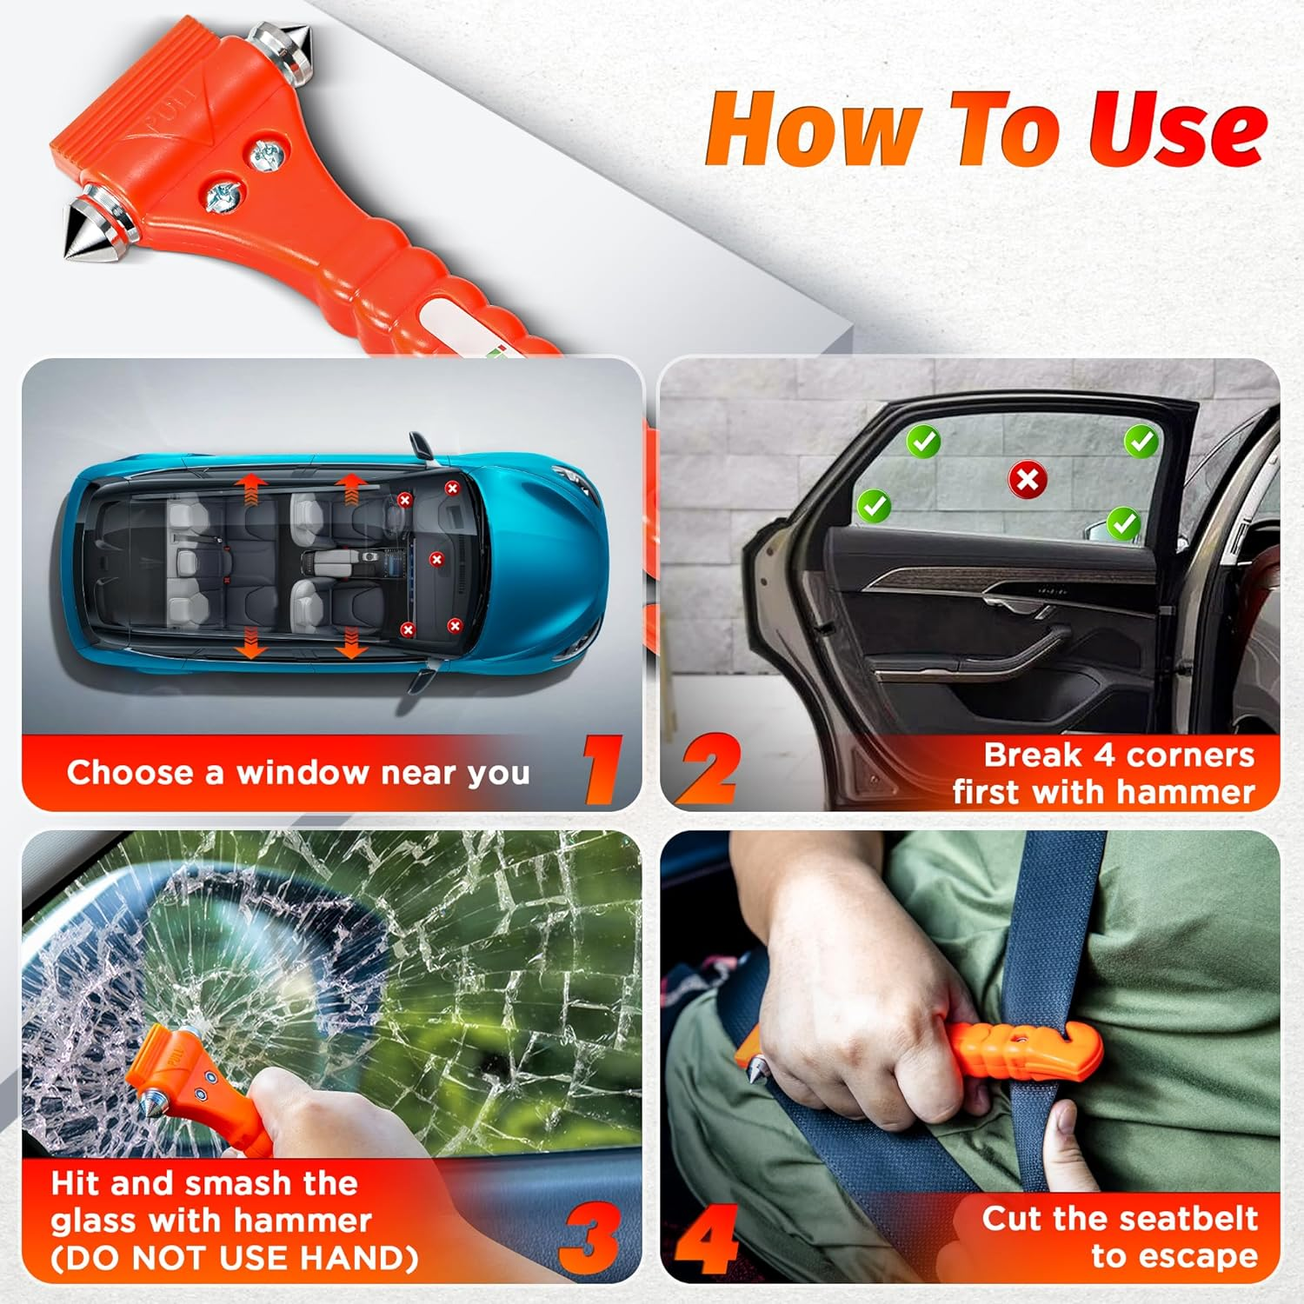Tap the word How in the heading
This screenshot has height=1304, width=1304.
pyautogui.click(x=813, y=130)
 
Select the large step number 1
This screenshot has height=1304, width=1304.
pyautogui.click(x=602, y=769)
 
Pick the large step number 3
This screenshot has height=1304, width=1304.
pyautogui.click(x=589, y=1239)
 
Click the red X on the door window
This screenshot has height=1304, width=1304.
pyautogui.click(x=1027, y=479)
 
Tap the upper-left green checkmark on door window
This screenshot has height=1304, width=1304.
pyautogui.click(x=923, y=442)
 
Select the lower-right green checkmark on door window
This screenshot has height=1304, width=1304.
pyautogui.click(x=1124, y=523)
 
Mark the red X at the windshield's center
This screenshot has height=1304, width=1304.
pyautogui.click(x=436, y=560)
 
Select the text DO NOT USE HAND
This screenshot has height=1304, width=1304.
pyautogui.click(x=235, y=1259)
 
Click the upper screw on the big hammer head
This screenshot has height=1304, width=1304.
pyautogui.click(x=267, y=156)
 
